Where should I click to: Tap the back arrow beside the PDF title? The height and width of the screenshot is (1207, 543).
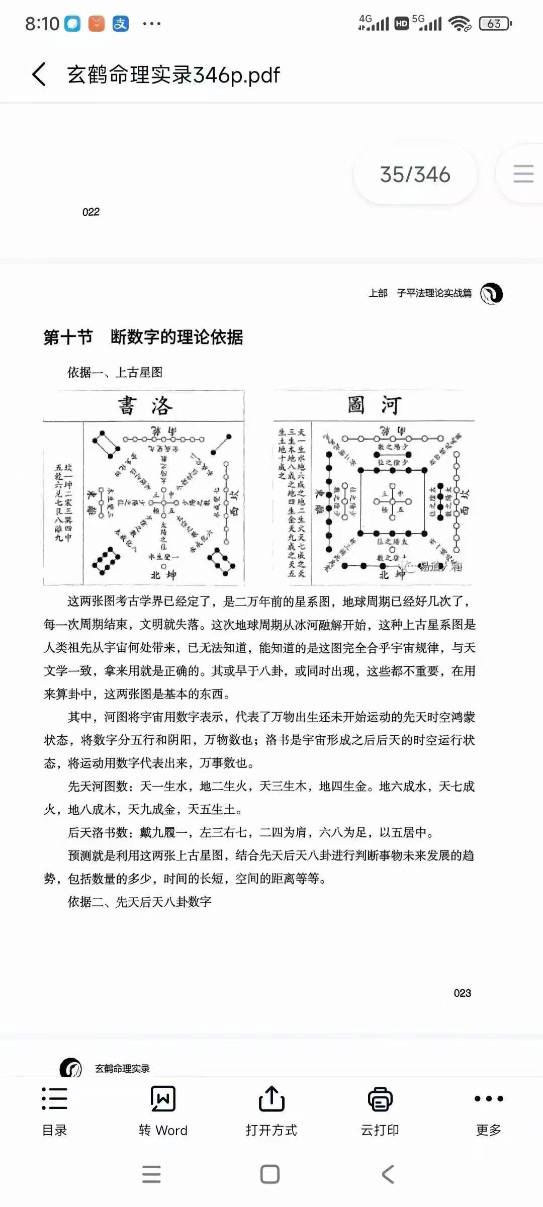[x=39, y=74]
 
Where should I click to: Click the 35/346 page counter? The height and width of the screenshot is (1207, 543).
[x=415, y=175]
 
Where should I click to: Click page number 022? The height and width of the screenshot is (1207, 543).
[x=91, y=212]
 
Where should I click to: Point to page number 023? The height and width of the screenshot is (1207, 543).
[x=462, y=993]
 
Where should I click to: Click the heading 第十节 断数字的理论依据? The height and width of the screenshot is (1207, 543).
[x=143, y=337]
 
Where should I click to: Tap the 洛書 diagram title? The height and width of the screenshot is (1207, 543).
[x=145, y=405]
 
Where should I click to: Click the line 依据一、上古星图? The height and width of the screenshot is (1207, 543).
[x=115, y=372]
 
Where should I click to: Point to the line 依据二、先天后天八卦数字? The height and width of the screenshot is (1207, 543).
[x=139, y=902]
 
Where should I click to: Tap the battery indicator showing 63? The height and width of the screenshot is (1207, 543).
[x=495, y=24]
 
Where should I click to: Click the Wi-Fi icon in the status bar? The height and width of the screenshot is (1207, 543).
[x=460, y=24]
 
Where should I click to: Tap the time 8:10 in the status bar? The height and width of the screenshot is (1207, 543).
[x=42, y=24]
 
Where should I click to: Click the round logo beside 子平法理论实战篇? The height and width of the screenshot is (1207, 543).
[x=491, y=294]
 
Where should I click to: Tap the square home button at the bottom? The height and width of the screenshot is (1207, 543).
[x=270, y=1174]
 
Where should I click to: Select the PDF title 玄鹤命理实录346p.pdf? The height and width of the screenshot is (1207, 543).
[x=173, y=75]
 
